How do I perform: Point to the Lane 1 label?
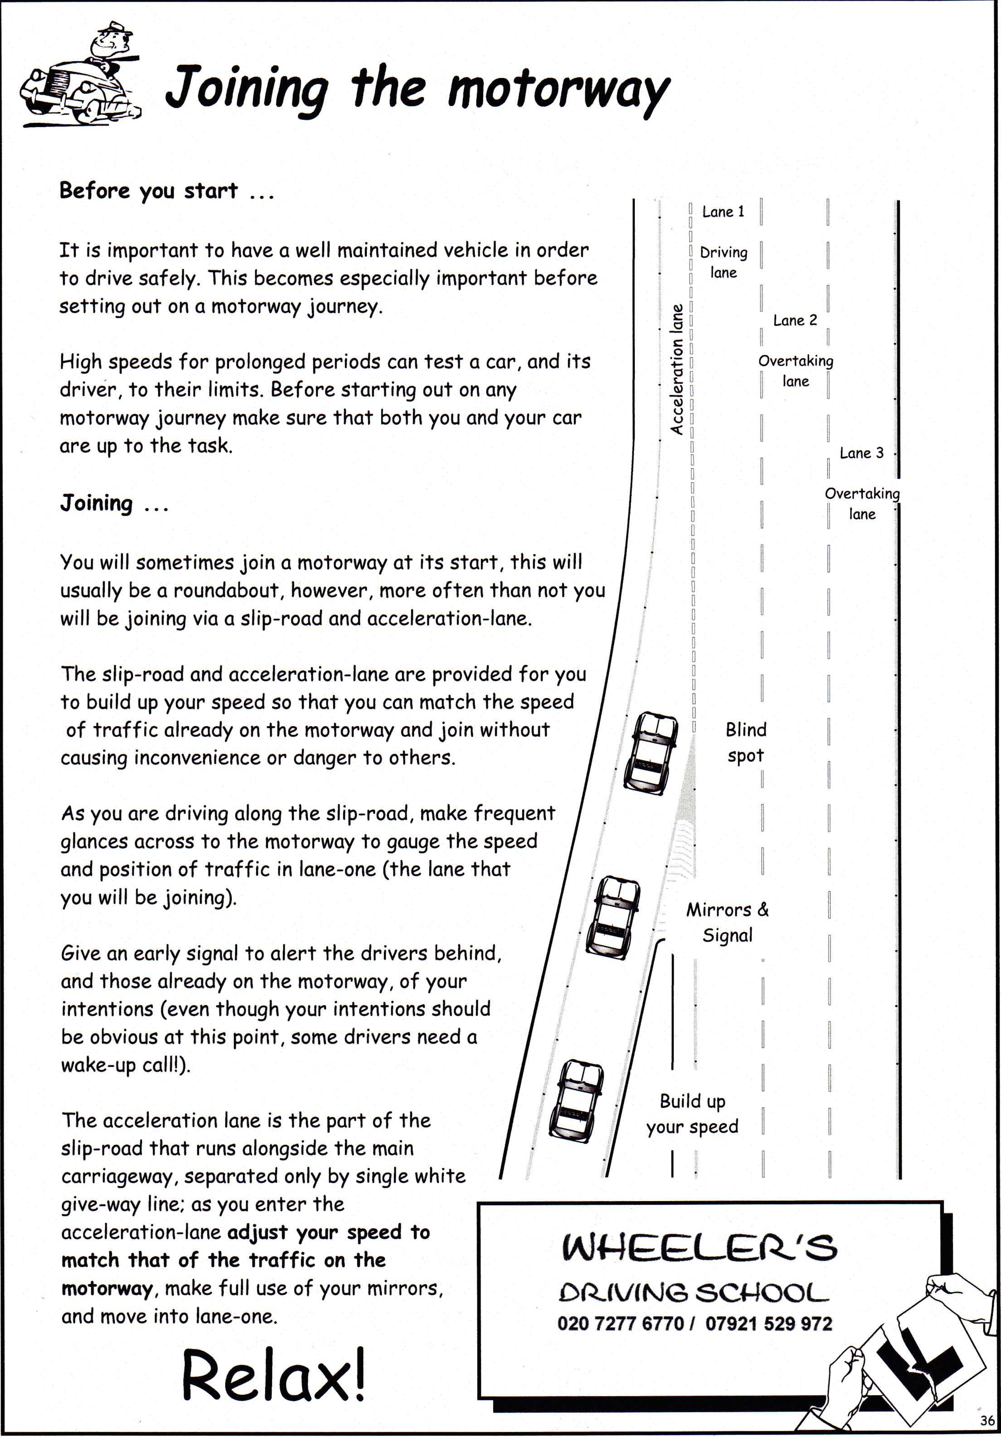[x=723, y=211]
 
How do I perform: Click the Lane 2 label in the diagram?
[x=795, y=320]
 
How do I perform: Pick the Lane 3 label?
[x=861, y=453]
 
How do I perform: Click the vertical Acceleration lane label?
[x=676, y=369]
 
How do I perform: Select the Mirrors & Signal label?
[x=728, y=922]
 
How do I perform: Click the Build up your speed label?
[x=692, y=1114]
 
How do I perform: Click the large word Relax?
[x=273, y=1374]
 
